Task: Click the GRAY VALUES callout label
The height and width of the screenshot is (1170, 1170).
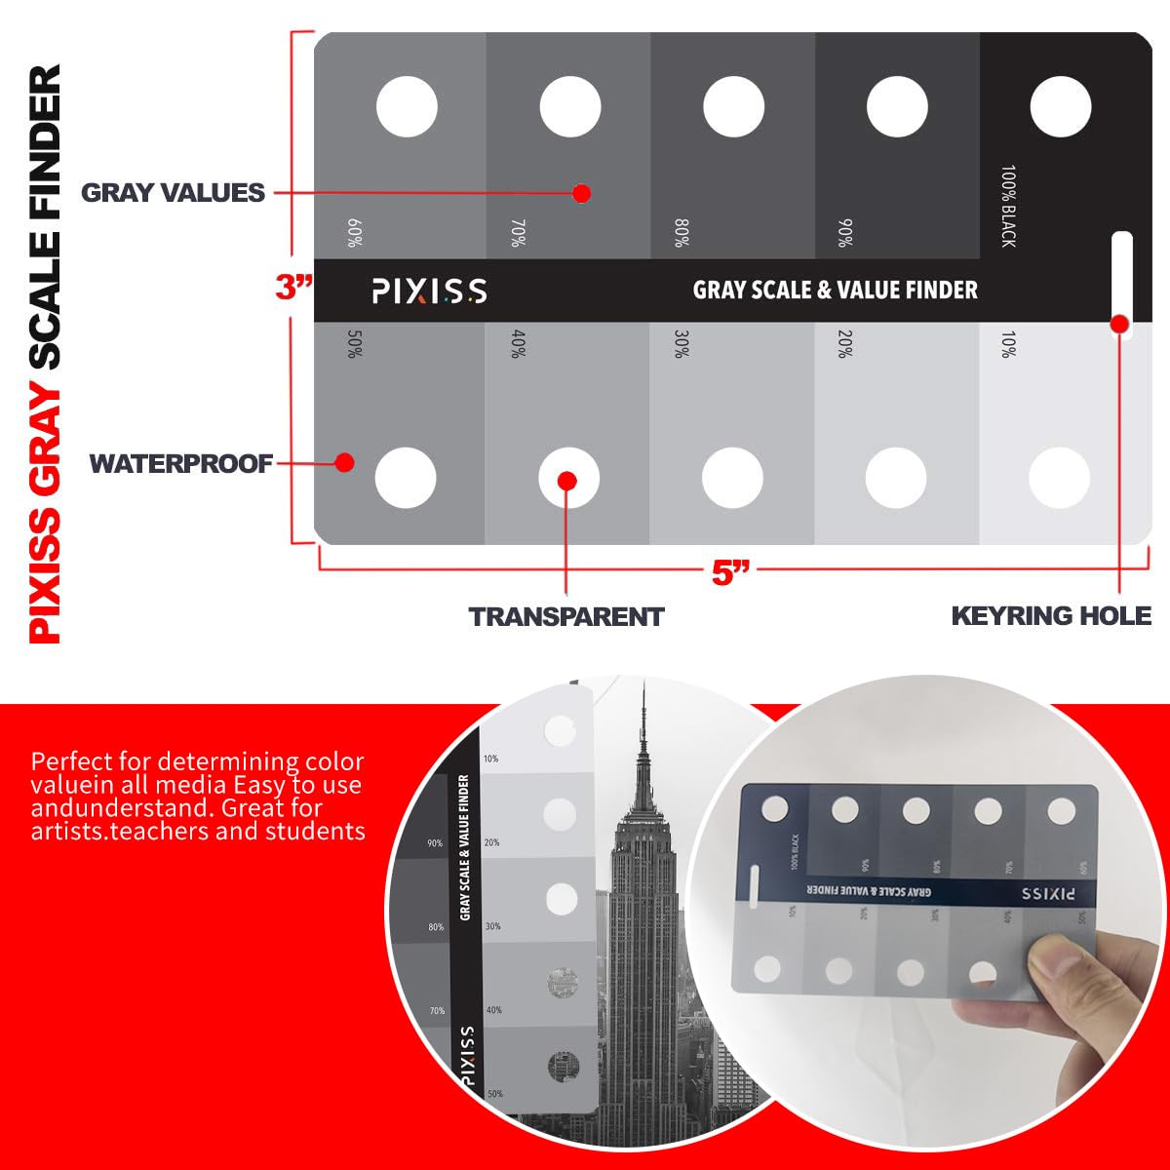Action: pyautogui.click(x=173, y=192)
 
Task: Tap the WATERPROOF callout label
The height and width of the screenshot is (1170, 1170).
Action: pyautogui.click(x=180, y=463)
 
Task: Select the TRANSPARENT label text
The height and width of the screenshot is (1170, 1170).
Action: pyautogui.click(x=565, y=616)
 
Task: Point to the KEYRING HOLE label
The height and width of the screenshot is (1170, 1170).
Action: pyautogui.click(x=1051, y=616)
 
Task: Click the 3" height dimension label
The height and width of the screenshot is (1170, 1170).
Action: pyautogui.click(x=293, y=288)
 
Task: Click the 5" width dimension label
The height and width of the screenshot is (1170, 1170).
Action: pyautogui.click(x=731, y=572)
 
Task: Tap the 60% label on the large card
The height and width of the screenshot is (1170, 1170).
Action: pyautogui.click(x=354, y=233)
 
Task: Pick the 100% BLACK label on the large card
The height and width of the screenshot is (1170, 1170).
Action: pyautogui.click(x=1008, y=206)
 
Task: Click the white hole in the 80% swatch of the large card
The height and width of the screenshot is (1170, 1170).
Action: pyautogui.click(x=733, y=105)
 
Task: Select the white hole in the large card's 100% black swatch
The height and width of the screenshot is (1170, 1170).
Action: pyautogui.click(x=1060, y=105)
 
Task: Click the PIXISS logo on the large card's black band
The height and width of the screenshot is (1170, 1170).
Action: pyautogui.click(x=429, y=291)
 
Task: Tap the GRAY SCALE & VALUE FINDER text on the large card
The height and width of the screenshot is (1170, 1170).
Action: pyautogui.click(x=835, y=290)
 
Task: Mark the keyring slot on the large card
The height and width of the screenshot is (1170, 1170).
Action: pyautogui.click(x=1121, y=278)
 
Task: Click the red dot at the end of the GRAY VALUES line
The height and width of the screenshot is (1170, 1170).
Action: pyautogui.click(x=581, y=193)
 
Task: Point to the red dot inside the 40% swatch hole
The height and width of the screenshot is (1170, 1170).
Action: pyautogui.click(x=566, y=480)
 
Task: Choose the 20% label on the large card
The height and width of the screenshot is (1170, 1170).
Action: pyautogui.click(x=845, y=344)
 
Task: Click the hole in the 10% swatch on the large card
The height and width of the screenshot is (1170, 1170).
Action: pyautogui.click(x=1059, y=478)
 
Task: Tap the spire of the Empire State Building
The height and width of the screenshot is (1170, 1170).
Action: pyautogui.click(x=643, y=721)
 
